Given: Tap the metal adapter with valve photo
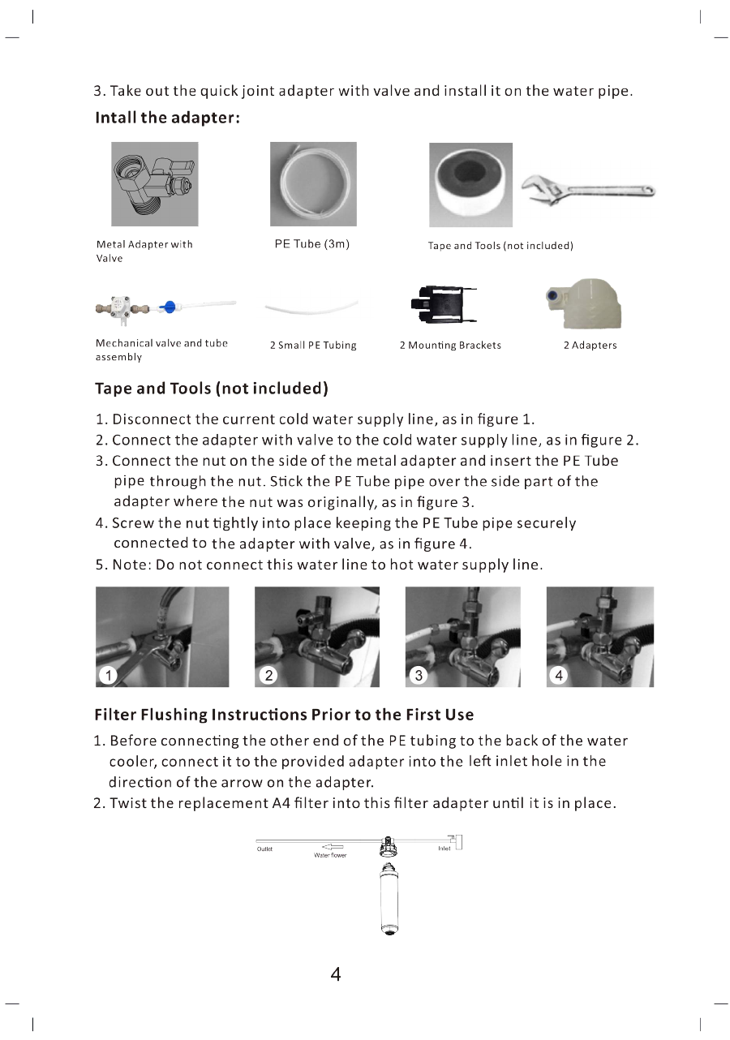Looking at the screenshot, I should (154, 184).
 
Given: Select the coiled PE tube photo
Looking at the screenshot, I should (312, 184).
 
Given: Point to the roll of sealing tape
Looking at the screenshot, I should (470, 185).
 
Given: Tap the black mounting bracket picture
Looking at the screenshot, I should (443, 306).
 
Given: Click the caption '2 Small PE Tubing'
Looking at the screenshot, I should (312, 346).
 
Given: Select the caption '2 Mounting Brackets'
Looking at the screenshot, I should (450, 346).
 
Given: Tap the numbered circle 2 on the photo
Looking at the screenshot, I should (268, 674).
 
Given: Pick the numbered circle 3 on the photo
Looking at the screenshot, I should (418, 674).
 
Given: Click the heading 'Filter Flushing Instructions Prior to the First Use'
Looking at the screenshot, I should (284, 715).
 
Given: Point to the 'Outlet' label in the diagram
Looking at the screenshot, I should (264, 849).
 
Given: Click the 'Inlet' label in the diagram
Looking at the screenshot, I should (444, 849).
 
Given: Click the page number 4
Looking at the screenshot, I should (335, 974).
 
